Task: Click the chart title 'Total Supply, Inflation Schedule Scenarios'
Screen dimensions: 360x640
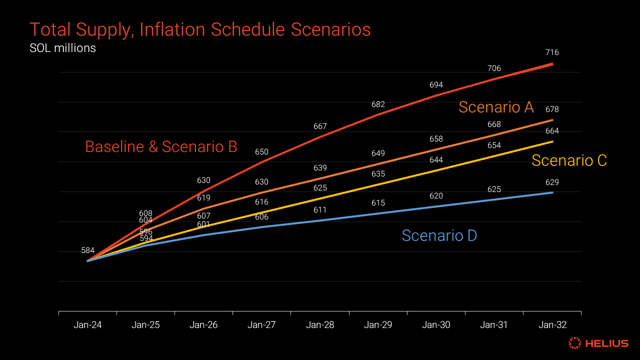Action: point(200,30)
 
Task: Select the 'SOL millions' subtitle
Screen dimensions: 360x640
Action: point(62,48)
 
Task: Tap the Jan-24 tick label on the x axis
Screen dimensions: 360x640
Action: point(87,325)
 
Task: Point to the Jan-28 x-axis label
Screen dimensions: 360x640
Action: point(320,325)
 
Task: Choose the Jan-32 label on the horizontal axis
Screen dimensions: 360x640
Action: point(552,325)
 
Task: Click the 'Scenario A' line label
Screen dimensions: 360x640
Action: point(496,107)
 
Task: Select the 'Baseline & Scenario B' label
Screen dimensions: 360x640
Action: point(161,146)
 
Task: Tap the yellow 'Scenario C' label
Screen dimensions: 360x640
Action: point(569,160)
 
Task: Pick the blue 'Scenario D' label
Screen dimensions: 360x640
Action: point(439,235)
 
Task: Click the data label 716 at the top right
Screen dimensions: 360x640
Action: point(552,52)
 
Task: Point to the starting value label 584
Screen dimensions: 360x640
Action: point(88,250)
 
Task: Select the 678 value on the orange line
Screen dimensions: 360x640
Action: point(552,109)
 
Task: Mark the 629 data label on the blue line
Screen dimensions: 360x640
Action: point(552,182)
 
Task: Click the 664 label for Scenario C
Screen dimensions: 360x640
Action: point(552,131)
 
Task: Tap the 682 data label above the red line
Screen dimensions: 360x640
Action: point(378,104)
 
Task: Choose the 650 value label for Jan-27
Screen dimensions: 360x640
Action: point(261,152)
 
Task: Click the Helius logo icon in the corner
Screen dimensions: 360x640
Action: point(575,343)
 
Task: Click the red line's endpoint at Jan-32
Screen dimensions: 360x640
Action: point(552,64)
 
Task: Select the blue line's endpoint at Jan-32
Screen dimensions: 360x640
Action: point(552,192)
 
